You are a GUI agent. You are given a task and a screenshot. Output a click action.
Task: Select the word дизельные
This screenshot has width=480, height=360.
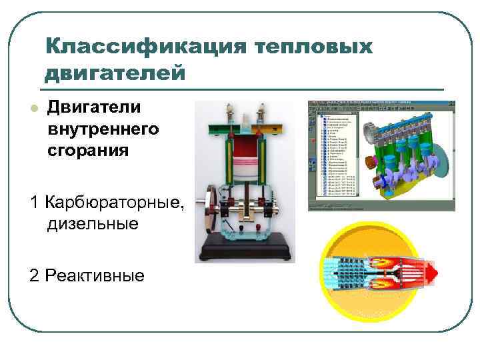pos(93,223)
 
